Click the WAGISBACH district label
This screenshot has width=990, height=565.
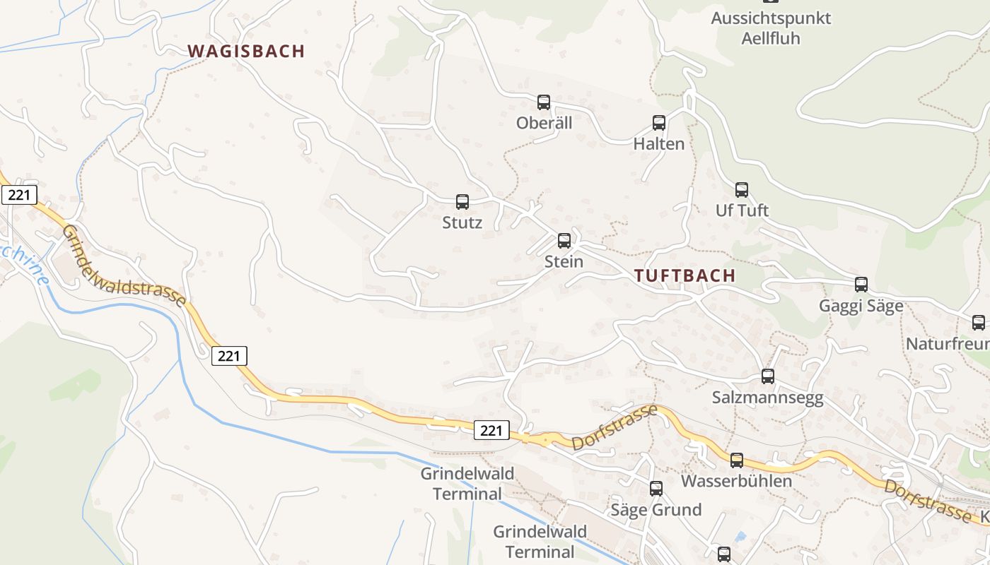pyautogui.click(x=246, y=51)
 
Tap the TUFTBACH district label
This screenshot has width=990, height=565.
pyautogui.click(x=685, y=275)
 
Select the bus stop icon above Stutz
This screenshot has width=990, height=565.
pyautogui.click(x=462, y=202)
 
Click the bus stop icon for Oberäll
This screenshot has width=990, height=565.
pyautogui.click(x=543, y=102)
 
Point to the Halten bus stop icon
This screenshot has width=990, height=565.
pyautogui.click(x=659, y=123)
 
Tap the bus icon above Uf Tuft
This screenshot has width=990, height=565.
pyautogui.click(x=741, y=190)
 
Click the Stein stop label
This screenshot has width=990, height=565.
pyautogui.click(x=564, y=261)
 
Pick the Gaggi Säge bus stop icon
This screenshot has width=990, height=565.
pyautogui.click(x=861, y=285)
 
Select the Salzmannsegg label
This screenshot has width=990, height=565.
pyautogui.click(x=767, y=398)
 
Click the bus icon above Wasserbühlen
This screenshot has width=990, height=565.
pyautogui.click(x=736, y=460)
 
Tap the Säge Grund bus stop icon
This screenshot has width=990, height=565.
pyautogui.click(x=656, y=489)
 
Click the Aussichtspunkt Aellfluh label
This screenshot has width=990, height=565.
pyautogui.click(x=771, y=28)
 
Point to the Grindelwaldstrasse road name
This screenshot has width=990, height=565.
pyautogui.click(x=124, y=266)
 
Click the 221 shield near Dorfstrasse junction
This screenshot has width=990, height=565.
pyautogui.click(x=491, y=430)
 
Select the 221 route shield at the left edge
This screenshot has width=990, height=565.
pyautogui.click(x=18, y=195)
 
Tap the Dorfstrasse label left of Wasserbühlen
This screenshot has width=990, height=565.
pyautogui.click(x=615, y=428)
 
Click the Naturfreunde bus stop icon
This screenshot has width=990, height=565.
pyautogui.click(x=978, y=323)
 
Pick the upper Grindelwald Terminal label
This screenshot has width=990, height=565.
pyautogui.click(x=467, y=483)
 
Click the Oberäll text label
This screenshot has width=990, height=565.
pyautogui.click(x=544, y=123)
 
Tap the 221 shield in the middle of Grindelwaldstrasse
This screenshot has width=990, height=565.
pyautogui.click(x=229, y=356)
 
